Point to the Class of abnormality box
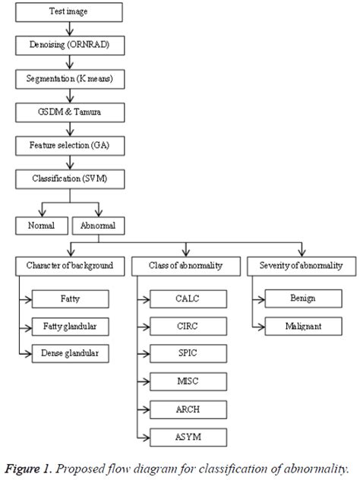(186, 266)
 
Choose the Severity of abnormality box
(301, 266)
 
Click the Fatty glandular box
(70, 326)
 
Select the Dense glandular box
(70, 353)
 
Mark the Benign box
(302, 298)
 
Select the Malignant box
(302, 326)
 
